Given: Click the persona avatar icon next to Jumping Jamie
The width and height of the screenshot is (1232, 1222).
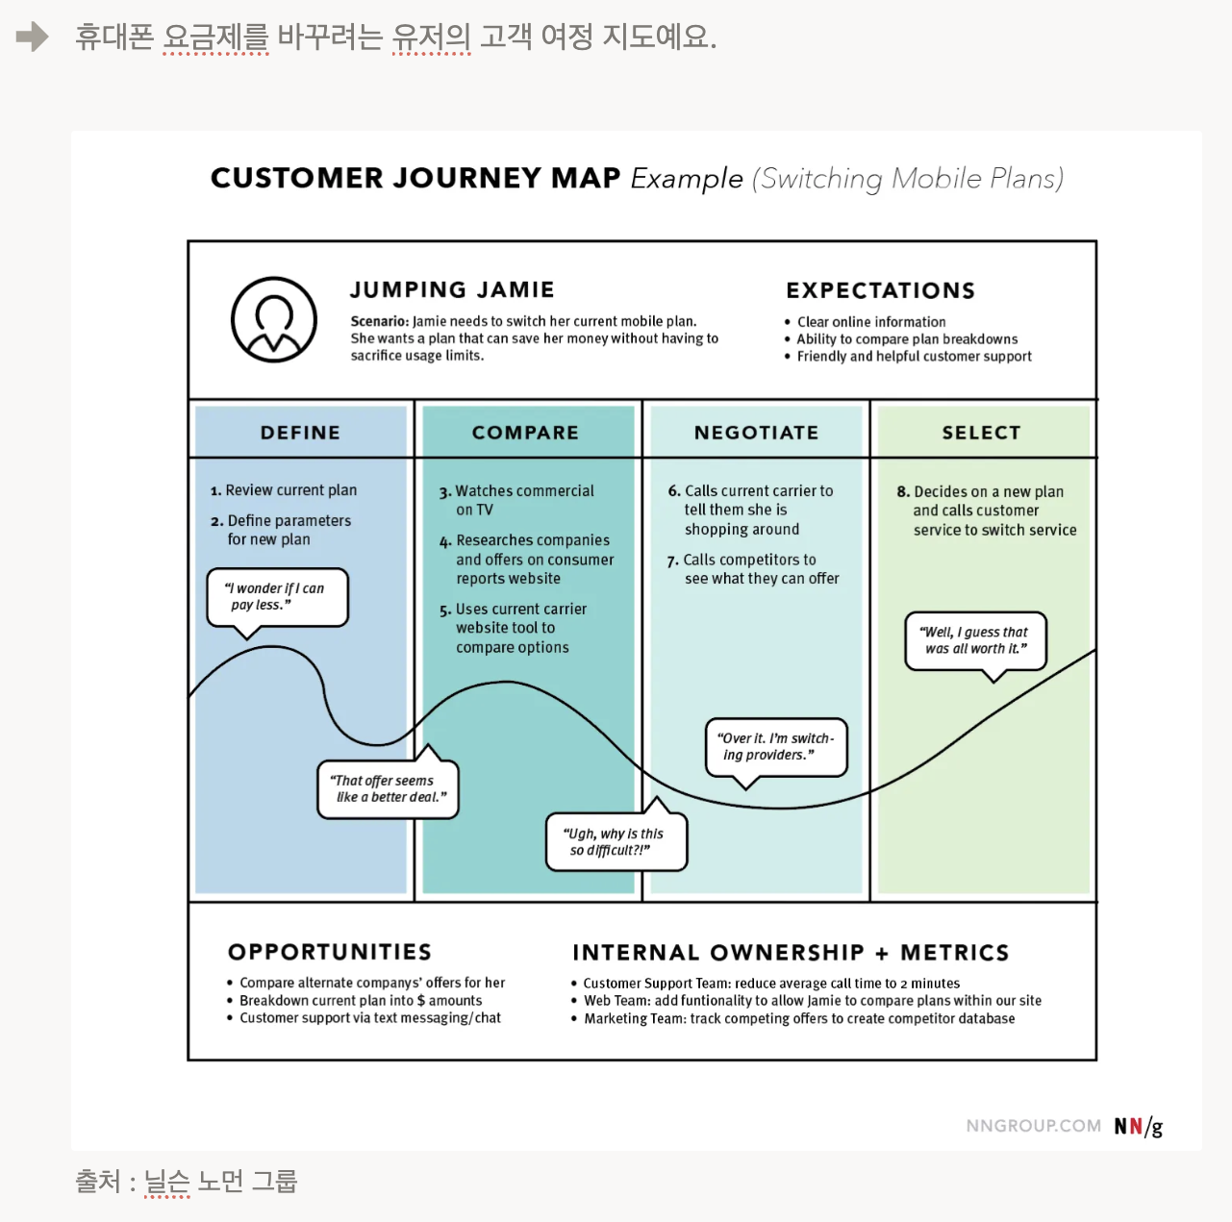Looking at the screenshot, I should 274,320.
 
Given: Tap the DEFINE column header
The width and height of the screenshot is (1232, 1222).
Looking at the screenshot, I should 300,433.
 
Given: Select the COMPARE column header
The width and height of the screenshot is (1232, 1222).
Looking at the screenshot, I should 525,433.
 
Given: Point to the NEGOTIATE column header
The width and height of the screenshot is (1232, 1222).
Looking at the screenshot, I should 756,433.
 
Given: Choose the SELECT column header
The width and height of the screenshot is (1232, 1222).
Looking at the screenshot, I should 981,433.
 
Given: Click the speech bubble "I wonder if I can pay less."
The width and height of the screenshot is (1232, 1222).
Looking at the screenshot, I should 277,597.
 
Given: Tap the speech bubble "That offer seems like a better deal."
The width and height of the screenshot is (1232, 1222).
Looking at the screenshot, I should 388,789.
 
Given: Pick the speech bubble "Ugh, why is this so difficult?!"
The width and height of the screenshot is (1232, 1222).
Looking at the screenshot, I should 616,842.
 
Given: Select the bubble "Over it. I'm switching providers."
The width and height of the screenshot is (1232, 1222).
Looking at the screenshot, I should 776,747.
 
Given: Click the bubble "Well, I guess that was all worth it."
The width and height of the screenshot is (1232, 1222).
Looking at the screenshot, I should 975,640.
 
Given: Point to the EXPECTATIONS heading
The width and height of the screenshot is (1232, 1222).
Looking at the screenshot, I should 880,290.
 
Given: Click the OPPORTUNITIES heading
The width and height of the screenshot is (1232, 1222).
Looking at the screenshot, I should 330,952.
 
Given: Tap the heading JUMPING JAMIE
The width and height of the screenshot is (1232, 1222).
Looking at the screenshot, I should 452,289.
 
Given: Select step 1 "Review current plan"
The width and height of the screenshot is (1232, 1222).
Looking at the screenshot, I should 285,490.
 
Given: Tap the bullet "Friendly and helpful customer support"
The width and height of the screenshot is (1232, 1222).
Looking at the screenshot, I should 914,357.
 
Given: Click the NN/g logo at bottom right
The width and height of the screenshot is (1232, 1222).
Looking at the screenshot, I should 1138,1126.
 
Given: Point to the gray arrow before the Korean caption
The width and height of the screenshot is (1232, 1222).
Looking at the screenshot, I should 32,37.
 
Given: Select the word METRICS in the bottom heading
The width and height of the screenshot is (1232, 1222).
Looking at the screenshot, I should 954,953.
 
